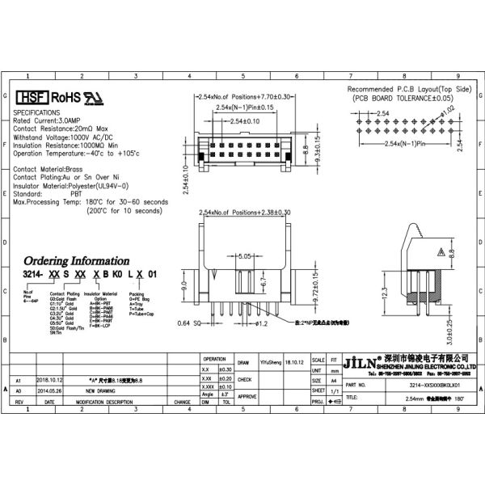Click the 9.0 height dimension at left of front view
(x=183, y=286)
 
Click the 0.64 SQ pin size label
(x=187, y=323)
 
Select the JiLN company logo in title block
(x=360, y=360)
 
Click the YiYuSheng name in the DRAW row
(x=272, y=363)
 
